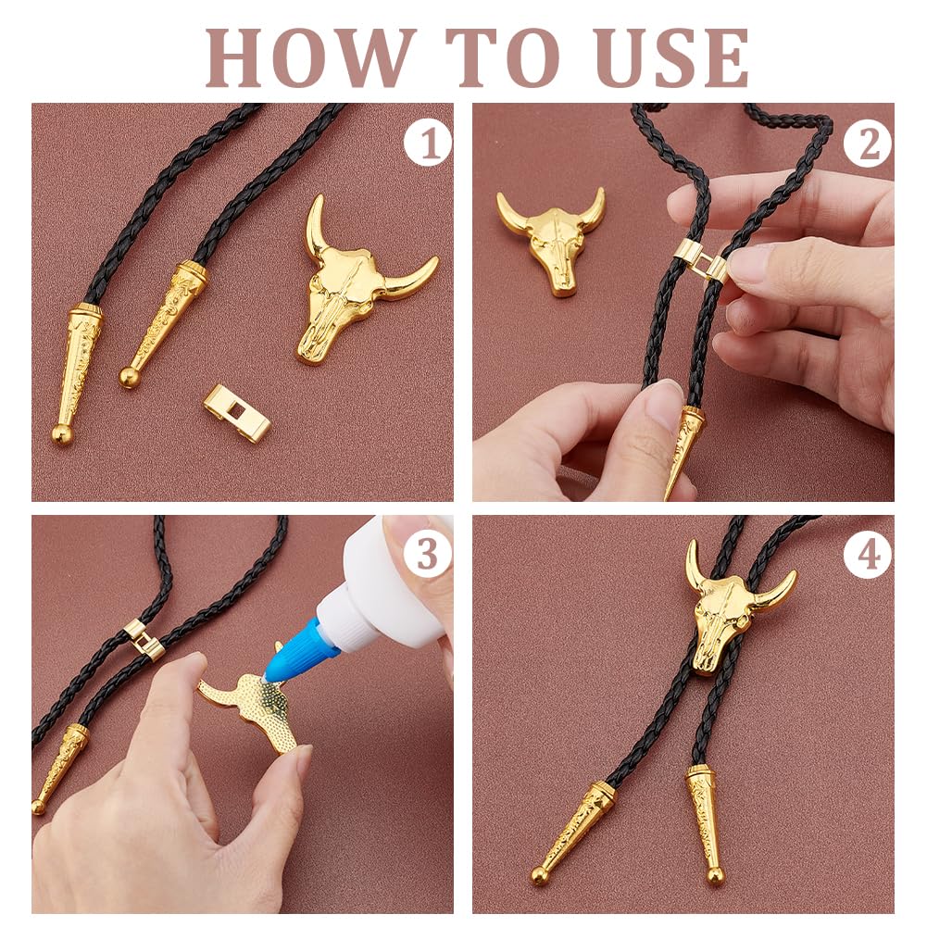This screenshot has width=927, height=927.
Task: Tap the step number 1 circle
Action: tap(427, 143)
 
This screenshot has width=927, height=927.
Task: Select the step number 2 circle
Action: tap(868, 144)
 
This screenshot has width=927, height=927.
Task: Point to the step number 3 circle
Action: tap(427, 555)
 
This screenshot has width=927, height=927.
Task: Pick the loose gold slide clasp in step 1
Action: tap(237, 413)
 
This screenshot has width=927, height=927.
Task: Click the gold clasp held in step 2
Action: tap(700, 259)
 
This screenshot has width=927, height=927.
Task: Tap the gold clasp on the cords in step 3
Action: tap(145, 640)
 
